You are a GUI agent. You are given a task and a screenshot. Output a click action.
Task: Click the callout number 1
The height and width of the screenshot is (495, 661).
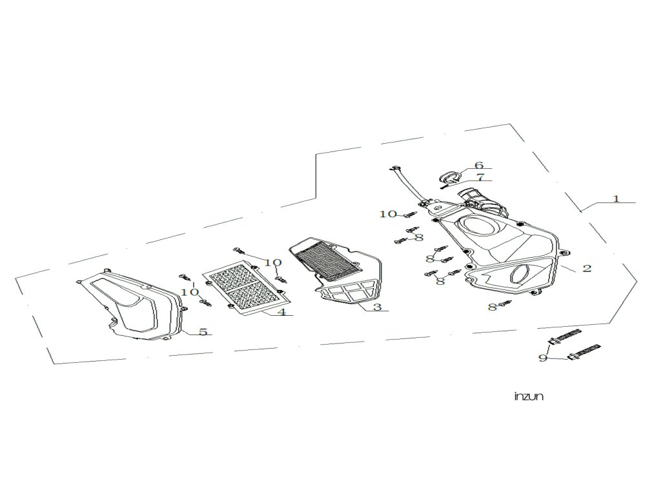(x=616, y=199)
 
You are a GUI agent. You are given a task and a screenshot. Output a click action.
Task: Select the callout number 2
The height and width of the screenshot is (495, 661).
(x=587, y=268)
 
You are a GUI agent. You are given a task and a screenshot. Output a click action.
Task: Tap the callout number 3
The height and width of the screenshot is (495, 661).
(x=377, y=307)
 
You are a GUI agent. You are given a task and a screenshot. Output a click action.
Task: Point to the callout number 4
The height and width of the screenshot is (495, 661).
(x=281, y=313)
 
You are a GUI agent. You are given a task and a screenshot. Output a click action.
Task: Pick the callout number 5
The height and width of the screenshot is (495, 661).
(x=203, y=332)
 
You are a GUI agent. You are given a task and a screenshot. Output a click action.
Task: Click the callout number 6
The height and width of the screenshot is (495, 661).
(x=479, y=166)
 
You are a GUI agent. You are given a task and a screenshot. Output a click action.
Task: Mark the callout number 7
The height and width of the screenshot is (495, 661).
(x=480, y=177)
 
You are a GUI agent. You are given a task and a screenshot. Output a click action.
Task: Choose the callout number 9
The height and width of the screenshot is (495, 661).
(x=543, y=358)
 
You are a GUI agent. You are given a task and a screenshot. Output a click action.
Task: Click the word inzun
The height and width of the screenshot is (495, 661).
(x=529, y=396)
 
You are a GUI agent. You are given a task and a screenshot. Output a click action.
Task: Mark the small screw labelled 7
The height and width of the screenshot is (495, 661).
(x=445, y=186)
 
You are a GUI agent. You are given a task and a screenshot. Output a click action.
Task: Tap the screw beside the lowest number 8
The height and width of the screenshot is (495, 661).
(x=505, y=304)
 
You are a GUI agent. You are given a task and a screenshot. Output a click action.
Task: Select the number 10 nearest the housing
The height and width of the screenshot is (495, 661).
(x=388, y=214)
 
